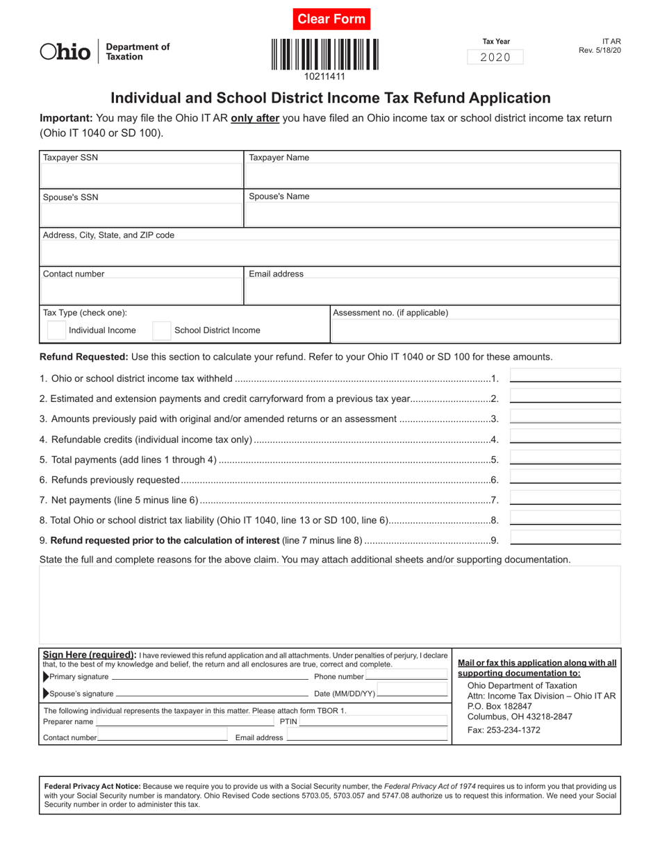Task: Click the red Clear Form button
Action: pos(331,19)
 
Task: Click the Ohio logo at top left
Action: pos(65,51)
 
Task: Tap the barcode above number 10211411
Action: pos(325,54)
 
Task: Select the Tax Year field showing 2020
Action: pos(495,58)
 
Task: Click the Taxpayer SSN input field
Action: pos(141,176)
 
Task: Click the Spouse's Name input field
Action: pos(431,215)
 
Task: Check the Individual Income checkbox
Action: pos(57,330)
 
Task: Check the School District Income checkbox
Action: pos(161,330)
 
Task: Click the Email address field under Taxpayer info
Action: pos(431,292)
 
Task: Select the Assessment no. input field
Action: pos(475,330)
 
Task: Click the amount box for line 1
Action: pos(565,376)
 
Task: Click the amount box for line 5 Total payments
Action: pos(565,457)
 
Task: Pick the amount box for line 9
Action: pos(565,537)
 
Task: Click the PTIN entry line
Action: pos(373,721)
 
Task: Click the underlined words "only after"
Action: pos(255,118)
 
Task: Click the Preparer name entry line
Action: pos(179,721)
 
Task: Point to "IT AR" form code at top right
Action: pos(611,42)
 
